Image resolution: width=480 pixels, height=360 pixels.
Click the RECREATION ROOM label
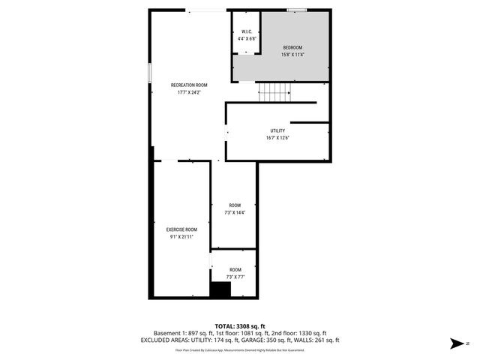point(189,85)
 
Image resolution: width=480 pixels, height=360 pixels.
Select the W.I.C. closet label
point(246,31)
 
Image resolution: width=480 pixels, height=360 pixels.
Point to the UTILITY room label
point(277,130)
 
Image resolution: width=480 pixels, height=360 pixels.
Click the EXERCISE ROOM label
point(181,229)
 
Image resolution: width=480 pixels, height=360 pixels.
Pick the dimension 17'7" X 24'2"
point(189,93)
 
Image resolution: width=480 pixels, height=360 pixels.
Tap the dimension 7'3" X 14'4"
point(235,213)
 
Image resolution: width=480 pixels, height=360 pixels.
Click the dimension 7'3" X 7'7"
point(235,277)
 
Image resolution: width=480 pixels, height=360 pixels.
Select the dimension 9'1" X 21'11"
point(181,237)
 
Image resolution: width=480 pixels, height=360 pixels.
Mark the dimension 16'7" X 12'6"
point(277,138)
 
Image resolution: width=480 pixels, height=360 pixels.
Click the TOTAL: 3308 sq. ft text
point(240,325)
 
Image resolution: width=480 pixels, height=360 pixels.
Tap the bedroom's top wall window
point(297,10)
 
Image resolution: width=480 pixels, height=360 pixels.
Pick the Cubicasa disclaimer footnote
point(240,349)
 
